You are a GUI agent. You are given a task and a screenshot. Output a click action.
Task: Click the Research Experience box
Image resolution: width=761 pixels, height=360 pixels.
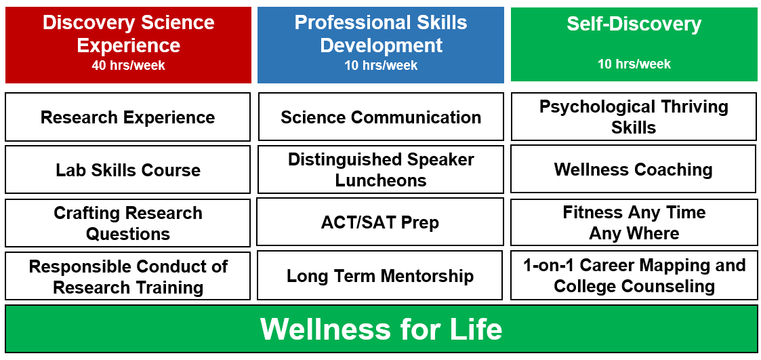tap(127, 117)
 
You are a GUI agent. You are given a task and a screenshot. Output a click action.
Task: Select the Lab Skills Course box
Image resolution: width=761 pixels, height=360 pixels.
tap(127, 169)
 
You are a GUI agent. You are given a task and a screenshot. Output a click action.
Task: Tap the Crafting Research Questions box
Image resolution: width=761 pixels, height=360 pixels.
tap(127, 223)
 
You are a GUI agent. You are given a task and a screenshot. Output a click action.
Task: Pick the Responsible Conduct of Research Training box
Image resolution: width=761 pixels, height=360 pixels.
tap(127, 276)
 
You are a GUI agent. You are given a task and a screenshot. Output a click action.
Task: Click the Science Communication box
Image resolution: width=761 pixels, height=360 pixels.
tap(381, 117)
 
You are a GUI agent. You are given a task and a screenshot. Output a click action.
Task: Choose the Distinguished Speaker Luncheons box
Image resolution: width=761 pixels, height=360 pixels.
tap(381, 169)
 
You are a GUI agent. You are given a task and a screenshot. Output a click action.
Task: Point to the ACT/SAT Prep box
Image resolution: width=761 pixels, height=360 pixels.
tap(380, 222)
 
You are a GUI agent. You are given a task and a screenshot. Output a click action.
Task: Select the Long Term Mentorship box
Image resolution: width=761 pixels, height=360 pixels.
tap(380, 275)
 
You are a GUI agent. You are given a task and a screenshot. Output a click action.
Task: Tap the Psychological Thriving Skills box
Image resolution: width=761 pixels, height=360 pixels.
tap(634, 117)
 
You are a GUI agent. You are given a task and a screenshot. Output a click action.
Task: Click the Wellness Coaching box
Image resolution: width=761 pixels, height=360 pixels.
tap(634, 169)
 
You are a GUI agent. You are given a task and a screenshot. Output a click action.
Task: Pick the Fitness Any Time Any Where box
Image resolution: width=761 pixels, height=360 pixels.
tap(634, 222)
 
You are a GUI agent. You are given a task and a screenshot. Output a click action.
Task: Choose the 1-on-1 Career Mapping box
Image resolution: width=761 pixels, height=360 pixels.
tap(634, 275)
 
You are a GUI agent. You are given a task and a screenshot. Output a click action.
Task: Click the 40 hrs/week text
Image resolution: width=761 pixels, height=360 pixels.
tap(129, 65)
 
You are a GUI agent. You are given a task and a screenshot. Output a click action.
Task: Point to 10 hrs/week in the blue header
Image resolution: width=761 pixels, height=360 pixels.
tap(381, 65)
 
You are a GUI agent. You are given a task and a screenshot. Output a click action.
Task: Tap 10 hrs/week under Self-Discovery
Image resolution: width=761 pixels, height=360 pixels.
tap(634, 64)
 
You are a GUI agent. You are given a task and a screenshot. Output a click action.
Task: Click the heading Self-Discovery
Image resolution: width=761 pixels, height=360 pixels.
tap(634, 24)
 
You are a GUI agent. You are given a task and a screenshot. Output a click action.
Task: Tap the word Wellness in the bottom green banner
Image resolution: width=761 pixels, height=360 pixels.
tap(326, 329)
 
